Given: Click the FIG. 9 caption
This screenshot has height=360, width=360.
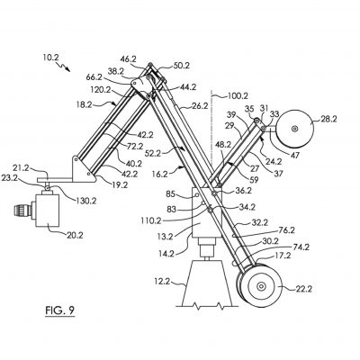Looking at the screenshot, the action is [60, 310].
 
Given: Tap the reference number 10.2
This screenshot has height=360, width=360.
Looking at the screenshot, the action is [49, 57].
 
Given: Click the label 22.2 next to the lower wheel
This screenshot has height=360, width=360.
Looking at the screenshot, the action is [303, 289].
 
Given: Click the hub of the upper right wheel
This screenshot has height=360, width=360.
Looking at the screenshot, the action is [294, 129].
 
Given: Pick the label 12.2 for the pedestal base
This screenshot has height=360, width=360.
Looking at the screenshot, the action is [161, 282].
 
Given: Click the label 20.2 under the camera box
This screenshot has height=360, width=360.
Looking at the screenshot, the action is [75, 235].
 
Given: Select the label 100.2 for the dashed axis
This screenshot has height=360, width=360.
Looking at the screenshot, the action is [238, 96].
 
